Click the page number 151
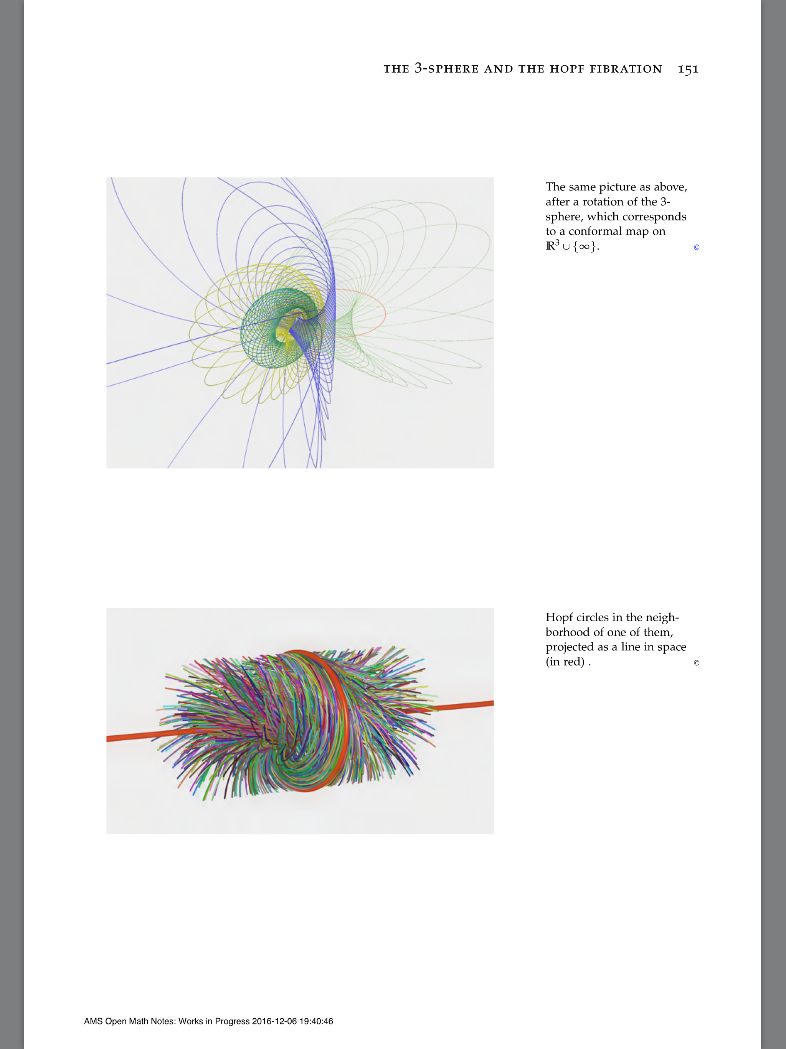tap(688, 69)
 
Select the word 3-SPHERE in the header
tap(446, 69)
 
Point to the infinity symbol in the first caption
tap(584, 247)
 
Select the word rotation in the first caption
tap(601, 202)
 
